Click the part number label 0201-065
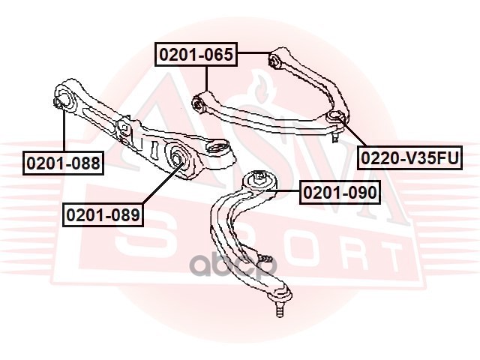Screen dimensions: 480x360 (x=196, y=54)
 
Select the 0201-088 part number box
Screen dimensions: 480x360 (x=63, y=161)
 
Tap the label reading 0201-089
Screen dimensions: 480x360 (x=103, y=215)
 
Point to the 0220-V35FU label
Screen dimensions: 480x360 (x=408, y=157)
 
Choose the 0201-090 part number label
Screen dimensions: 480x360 (x=340, y=193)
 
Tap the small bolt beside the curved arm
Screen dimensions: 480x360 (x=265, y=257)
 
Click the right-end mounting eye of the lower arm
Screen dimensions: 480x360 (x=220, y=151)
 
